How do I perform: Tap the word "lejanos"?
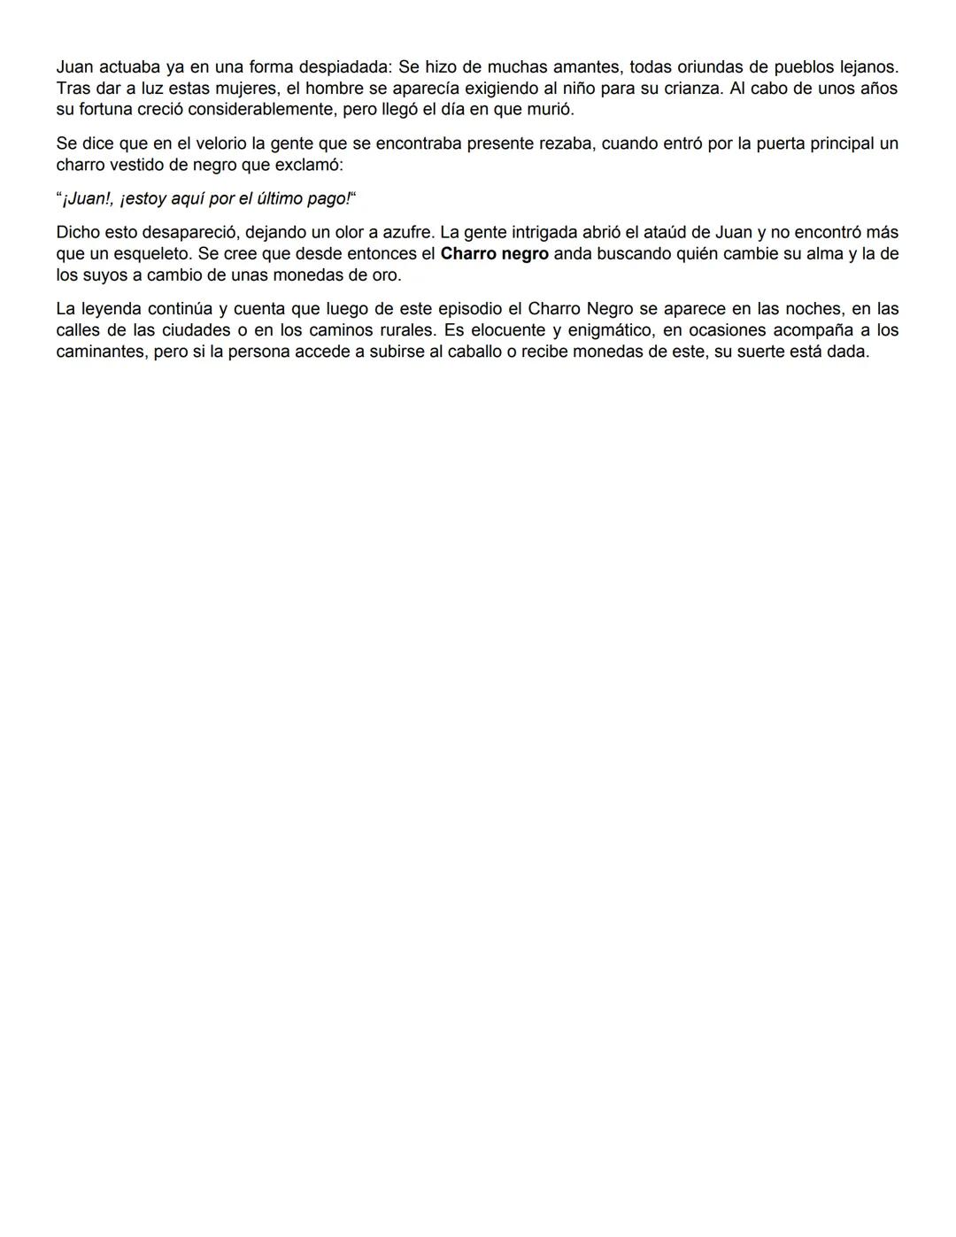coord(860,67)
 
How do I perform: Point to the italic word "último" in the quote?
coord(274,198)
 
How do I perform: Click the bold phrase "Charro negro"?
coord(494,253)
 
